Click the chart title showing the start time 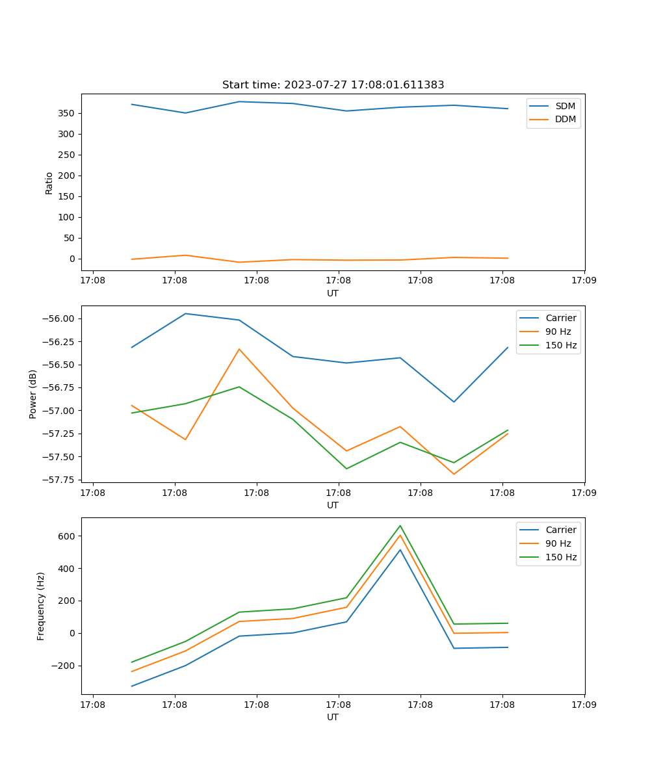pos(333,85)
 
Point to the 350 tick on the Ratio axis pos(68,113)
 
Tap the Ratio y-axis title pos(49,183)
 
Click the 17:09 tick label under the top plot pos(584,281)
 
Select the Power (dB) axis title pos(32,394)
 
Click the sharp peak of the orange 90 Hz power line pos(239,349)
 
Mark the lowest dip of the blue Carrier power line pos(454,402)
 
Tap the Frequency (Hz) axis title pos(41,606)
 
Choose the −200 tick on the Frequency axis pos(64,666)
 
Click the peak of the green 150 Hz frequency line pos(400,525)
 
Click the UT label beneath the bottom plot pos(333,717)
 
